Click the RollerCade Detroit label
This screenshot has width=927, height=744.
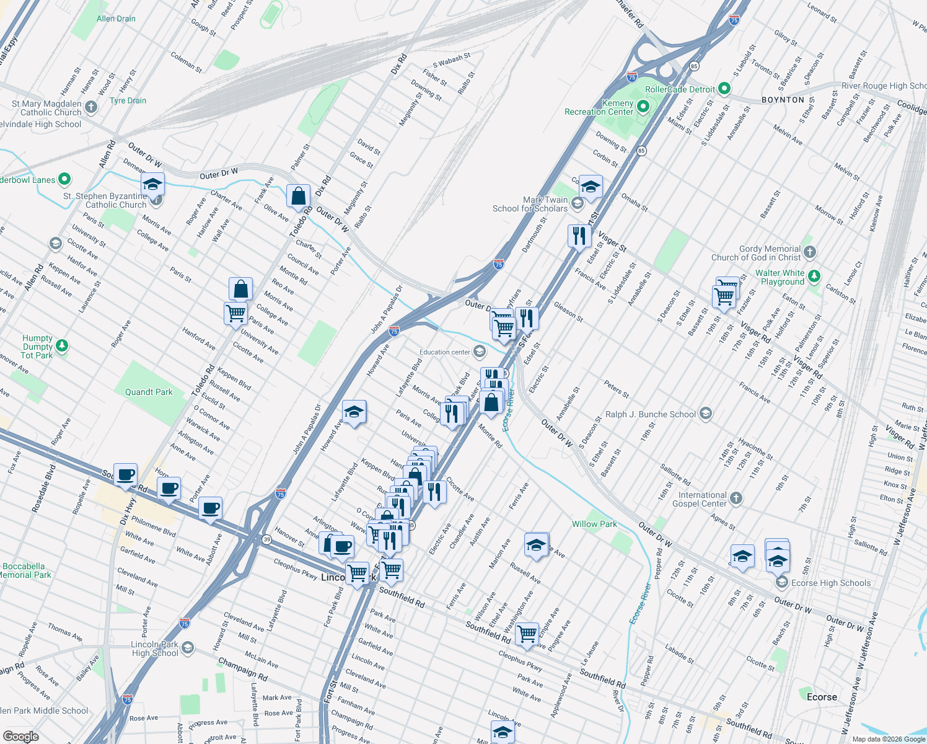(680, 89)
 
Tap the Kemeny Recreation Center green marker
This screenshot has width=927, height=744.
(643, 107)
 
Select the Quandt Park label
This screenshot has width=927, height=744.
(149, 392)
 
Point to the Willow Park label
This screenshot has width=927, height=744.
(594, 524)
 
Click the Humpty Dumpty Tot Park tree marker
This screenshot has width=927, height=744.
(62, 345)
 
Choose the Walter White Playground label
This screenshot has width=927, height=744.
(780, 277)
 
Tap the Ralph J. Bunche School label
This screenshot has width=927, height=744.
(651, 414)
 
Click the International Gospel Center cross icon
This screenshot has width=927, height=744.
(736, 498)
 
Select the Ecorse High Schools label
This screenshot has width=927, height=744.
(831, 583)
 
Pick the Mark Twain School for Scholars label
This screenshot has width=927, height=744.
(530, 204)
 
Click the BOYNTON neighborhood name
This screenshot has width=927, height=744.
(783, 100)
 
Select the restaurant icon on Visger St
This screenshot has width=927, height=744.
(579, 236)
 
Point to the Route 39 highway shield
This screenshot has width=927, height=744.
(266, 539)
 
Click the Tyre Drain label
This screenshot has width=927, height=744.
(128, 100)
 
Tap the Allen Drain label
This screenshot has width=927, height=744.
(116, 19)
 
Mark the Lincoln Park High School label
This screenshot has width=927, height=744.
(155, 649)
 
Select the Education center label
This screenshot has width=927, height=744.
(444, 352)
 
